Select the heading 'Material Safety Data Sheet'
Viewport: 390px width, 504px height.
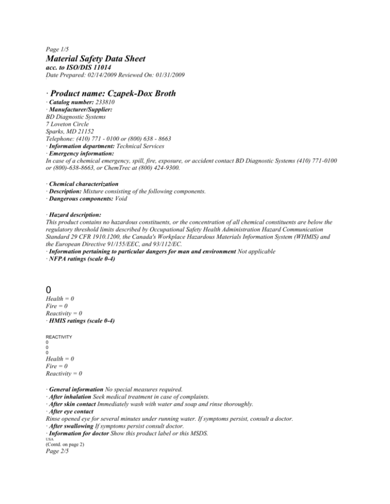pos(95,59)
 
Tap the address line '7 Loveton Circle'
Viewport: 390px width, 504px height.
pos(67,123)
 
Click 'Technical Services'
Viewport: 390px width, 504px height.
pos(144,146)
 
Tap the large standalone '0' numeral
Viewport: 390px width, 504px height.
pos(49,290)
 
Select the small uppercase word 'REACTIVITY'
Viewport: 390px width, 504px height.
pos(58,337)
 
